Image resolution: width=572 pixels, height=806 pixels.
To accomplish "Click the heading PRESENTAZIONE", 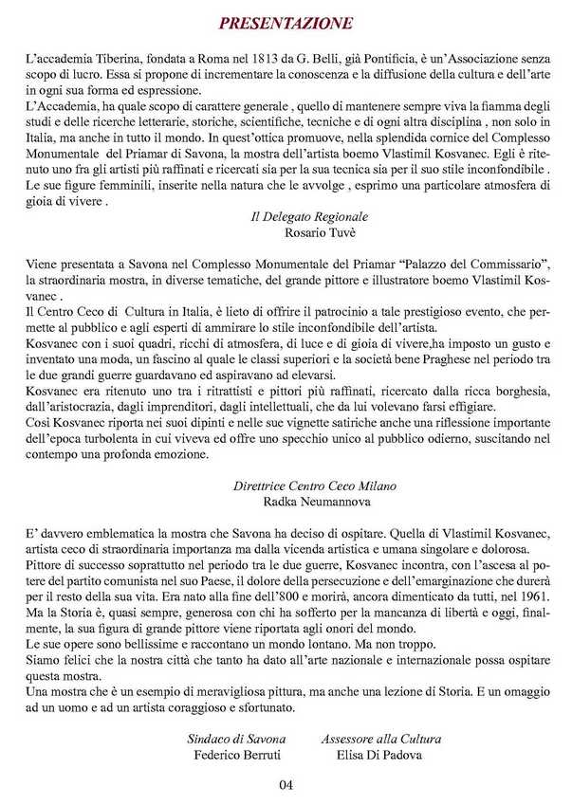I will tap(286, 24).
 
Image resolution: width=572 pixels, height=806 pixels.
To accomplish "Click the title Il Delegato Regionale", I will tap(296, 217).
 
